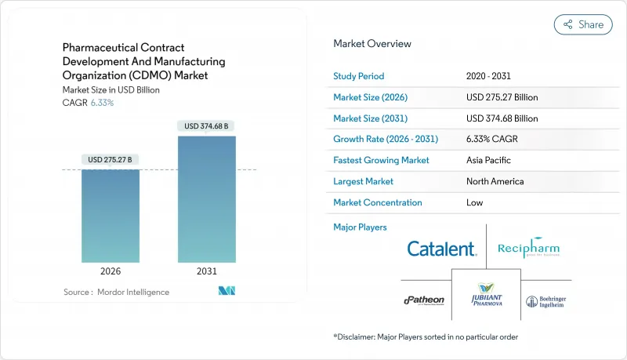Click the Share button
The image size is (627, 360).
point(583,24)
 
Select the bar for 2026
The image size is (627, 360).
point(111,216)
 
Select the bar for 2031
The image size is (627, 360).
point(207,199)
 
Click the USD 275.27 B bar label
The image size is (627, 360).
point(111,159)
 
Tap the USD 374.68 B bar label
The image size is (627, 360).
point(207,125)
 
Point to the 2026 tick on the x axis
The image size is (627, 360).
point(111,272)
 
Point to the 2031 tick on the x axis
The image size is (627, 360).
point(207,272)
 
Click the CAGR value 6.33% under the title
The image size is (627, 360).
point(102,103)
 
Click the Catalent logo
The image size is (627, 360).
point(441,249)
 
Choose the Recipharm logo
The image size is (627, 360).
point(528,249)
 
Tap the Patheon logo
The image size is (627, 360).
point(424,300)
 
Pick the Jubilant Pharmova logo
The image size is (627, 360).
point(486,299)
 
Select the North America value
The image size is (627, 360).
point(495,181)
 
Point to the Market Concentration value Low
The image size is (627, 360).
point(473,202)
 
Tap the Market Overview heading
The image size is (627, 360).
point(371,44)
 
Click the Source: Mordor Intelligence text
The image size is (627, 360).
point(116,292)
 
